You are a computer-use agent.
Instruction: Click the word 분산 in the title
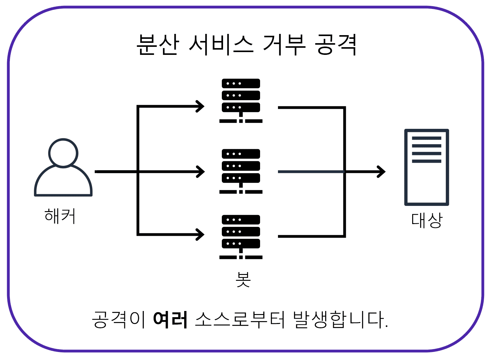point(158,45)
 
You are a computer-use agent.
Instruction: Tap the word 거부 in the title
point(284,45)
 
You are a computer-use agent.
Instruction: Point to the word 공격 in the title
point(336,45)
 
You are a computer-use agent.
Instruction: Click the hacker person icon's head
point(63,153)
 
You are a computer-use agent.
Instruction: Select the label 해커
point(60,216)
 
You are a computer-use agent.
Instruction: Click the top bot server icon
point(241,100)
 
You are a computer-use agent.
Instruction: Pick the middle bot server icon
point(241,171)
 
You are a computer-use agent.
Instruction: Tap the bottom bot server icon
point(241,237)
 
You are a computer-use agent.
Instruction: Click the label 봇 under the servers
point(243,280)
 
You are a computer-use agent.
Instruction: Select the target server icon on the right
point(426,167)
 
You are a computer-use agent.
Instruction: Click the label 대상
point(427,220)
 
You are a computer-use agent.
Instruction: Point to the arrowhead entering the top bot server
point(201,107)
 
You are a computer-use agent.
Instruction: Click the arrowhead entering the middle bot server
point(201,172)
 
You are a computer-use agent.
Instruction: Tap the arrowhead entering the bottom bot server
point(201,234)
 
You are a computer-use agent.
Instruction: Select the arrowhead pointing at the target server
point(382,172)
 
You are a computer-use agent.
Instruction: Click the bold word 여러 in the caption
point(170,319)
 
